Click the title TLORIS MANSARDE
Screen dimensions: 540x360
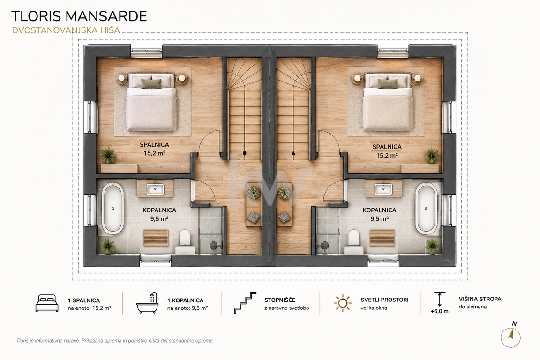[79, 16]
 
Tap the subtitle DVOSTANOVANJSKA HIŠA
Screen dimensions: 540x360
[66, 30]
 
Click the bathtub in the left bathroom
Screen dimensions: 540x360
[112, 209]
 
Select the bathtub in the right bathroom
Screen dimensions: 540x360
[427, 209]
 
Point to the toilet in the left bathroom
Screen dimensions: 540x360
[185, 241]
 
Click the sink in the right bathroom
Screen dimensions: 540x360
[383, 189]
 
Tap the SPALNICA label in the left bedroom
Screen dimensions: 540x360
[154, 145]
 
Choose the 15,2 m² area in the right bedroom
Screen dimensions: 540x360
[387, 155]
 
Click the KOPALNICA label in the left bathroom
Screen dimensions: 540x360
[159, 210]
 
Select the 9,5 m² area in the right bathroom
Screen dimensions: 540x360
[380, 219]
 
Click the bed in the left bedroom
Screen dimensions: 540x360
[151, 102]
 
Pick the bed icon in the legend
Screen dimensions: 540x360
[47, 303]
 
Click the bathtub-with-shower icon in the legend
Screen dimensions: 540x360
[147, 303]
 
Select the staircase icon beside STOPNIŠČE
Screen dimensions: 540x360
[245, 302]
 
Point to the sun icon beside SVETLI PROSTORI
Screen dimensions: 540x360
[343, 303]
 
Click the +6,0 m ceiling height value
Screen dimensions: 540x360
[439, 311]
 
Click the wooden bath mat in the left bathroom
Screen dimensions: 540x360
[156, 238]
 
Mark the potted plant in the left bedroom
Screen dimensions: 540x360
[108, 155]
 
